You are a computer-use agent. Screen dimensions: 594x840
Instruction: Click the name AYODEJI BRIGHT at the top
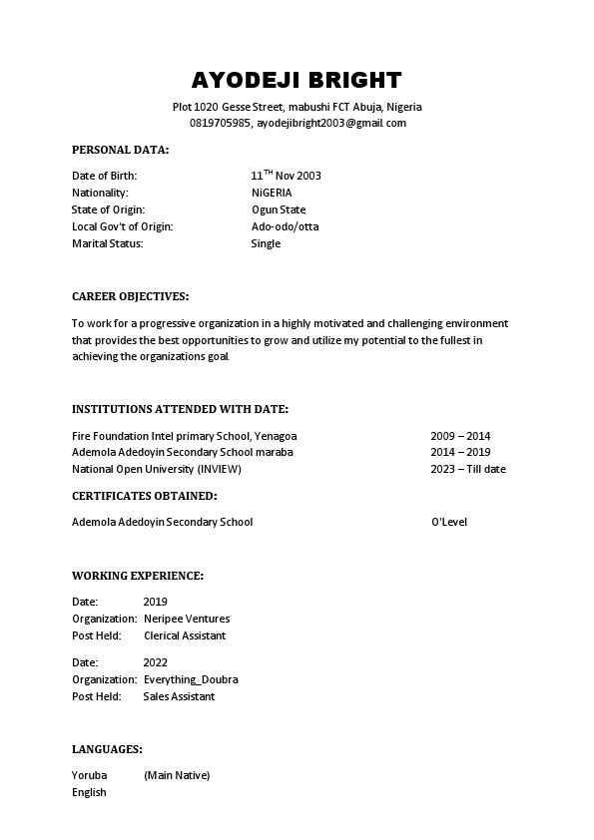[297, 80]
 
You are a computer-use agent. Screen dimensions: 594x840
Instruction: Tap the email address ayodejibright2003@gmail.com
[331, 123]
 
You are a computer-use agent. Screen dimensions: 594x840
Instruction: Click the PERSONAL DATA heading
[120, 150]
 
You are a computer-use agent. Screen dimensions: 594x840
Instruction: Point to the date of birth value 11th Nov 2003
[286, 176]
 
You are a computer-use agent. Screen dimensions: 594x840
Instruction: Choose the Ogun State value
[279, 210]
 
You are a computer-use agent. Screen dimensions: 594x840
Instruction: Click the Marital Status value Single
[266, 243]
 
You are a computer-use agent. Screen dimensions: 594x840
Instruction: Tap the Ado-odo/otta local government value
[285, 226]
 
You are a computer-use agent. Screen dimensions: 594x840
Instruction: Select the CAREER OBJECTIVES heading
[130, 296]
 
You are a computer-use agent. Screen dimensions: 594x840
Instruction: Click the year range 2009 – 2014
[460, 436]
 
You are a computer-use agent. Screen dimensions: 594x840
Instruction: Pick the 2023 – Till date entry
[467, 469]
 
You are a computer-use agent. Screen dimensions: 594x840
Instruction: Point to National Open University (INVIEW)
[157, 469]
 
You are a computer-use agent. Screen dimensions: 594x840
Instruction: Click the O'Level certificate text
[449, 522]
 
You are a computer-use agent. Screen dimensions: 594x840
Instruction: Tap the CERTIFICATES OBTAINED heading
[144, 495]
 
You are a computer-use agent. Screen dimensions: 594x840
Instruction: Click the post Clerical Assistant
[185, 635]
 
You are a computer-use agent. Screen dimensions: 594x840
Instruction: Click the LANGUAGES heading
[107, 748]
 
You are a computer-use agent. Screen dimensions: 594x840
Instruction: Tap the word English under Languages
[89, 792]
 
